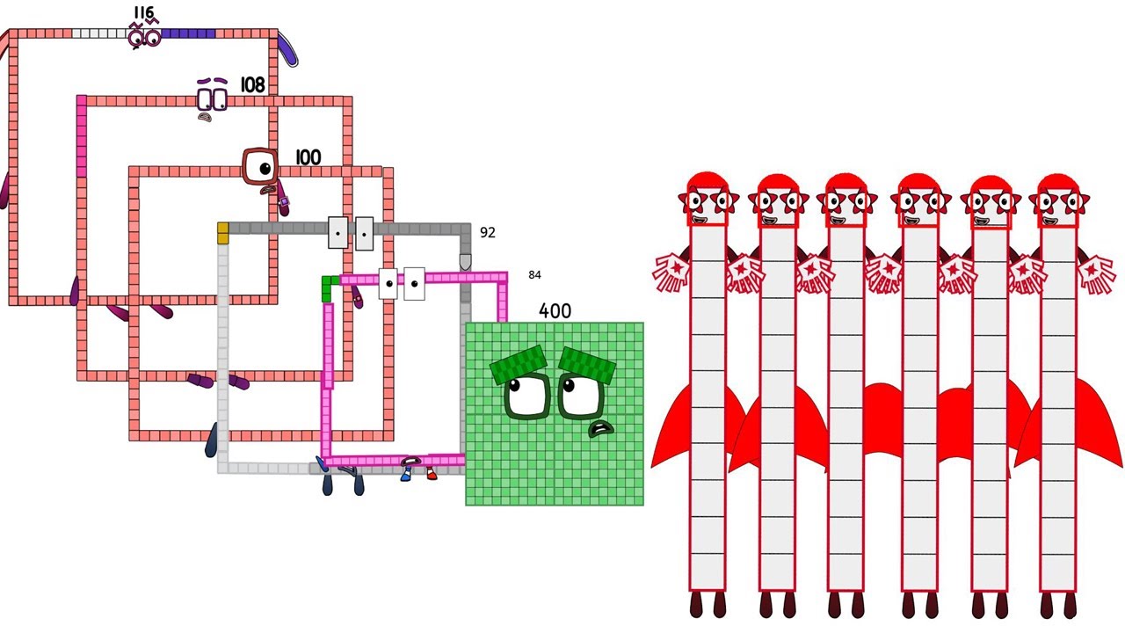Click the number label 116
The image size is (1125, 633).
pyautogui.click(x=143, y=12)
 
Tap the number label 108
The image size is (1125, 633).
pyautogui.click(x=252, y=85)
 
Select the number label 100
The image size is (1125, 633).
pyautogui.click(x=308, y=157)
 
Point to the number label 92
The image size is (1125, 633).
pyautogui.click(x=488, y=233)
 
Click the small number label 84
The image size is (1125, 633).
pyautogui.click(x=534, y=275)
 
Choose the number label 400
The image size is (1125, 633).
pyautogui.click(x=555, y=311)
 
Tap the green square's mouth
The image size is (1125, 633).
pyautogui.click(x=601, y=429)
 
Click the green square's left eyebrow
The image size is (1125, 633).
pyautogui.click(x=519, y=364)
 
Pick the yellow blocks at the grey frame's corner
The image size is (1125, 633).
pyautogui.click(x=223, y=233)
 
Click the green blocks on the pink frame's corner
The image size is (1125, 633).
pyautogui.click(x=329, y=287)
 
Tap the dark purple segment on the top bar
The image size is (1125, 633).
pyautogui.click(x=188, y=34)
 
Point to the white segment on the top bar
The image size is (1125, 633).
pyautogui.click(x=101, y=33)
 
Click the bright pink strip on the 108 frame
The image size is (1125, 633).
pyautogui.click(x=82, y=136)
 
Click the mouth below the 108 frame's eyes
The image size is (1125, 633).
pyautogui.click(x=205, y=118)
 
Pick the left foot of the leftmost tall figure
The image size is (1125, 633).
pyautogui.click(x=696, y=604)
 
